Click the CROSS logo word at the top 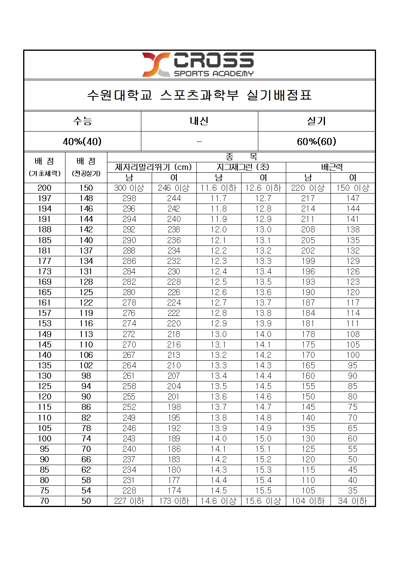(214, 60)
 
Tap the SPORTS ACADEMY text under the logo (214, 74)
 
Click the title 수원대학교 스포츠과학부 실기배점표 (199, 95)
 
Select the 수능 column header (83, 121)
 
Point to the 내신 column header (199, 121)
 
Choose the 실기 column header (316, 121)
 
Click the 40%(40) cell (82, 142)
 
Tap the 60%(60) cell (316, 142)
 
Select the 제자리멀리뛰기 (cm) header (152, 167)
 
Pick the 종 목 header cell (241, 157)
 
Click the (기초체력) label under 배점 (44, 174)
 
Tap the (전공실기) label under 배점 (86, 174)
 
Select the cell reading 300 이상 (129, 188)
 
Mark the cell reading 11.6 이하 (219, 188)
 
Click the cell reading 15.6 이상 (263, 501)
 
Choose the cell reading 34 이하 (353, 501)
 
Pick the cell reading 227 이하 (129, 501)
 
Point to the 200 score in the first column (44, 188)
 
